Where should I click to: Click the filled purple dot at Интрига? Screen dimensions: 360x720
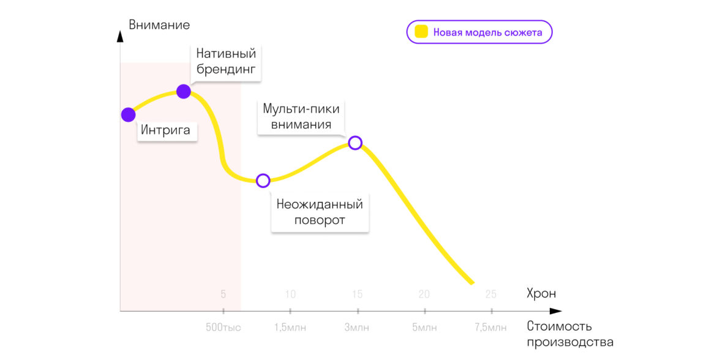point(128,114)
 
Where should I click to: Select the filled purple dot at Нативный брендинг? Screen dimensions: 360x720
point(184,92)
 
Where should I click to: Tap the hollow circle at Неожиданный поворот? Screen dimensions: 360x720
point(263,181)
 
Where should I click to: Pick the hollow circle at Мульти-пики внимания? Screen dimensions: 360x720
point(355,143)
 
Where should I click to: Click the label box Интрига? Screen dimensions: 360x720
point(166,130)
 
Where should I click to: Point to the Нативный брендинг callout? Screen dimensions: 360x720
point(225,61)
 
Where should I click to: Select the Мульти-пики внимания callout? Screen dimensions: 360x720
point(301,116)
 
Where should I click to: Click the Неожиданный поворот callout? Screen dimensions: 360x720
point(320,212)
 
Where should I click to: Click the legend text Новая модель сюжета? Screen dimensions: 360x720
point(487,32)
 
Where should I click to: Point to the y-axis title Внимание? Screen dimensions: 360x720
point(159,25)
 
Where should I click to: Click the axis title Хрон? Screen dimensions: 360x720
point(541,294)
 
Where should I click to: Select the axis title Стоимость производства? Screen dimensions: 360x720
point(569,334)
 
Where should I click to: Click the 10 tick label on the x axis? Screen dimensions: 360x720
point(290,294)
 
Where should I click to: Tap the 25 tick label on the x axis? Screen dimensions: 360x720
point(491,294)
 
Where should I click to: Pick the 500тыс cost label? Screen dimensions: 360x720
point(223,328)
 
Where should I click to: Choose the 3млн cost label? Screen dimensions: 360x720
point(357,328)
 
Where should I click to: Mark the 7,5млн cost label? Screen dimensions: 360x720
point(491,328)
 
